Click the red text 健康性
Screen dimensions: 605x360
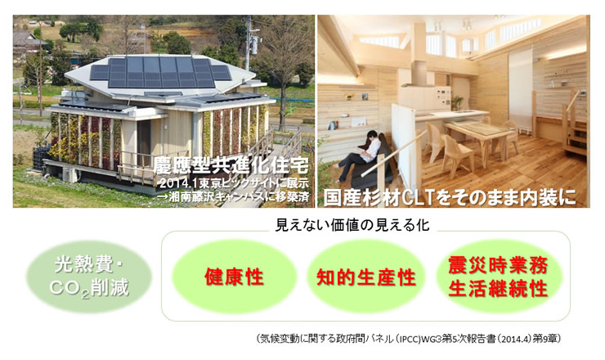coord(234,277)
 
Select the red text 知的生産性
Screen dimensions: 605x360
coord(366,277)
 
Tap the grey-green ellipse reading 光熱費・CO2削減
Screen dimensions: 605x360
coord(89,277)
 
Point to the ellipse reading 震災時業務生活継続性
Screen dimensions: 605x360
coord(499,277)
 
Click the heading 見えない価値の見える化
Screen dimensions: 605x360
coord(352,225)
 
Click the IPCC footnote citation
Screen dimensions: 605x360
coord(409,339)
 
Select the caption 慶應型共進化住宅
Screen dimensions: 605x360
coord(231,166)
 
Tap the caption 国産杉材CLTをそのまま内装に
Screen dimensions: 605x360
coord(450,196)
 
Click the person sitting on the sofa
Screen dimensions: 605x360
coord(358,155)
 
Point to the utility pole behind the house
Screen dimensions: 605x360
coord(249,43)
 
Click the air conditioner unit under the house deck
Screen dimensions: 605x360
coord(70,174)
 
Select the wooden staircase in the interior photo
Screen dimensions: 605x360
coord(575,124)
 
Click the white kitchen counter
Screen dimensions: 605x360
coord(450,115)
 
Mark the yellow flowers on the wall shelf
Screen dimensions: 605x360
coord(349,97)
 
